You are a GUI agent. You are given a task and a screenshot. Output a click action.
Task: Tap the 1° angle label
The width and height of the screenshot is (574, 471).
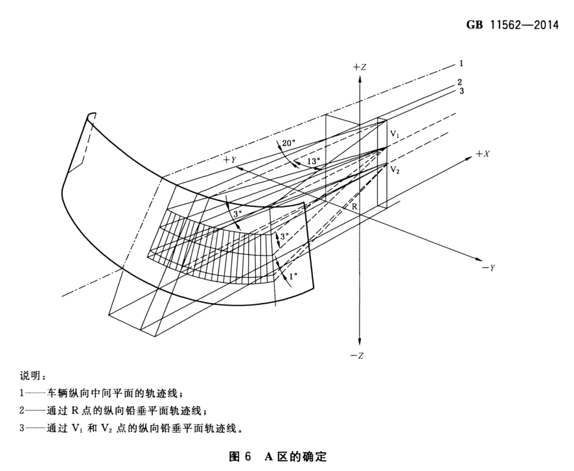pyautogui.click(x=292, y=276)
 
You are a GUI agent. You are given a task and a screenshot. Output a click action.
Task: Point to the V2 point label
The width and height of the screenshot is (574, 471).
pyautogui.click(x=395, y=169)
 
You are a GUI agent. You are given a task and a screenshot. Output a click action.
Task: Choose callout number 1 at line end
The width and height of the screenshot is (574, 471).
pyautogui.click(x=461, y=64)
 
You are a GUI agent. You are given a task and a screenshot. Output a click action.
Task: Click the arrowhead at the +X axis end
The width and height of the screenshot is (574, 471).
pyautogui.click(x=471, y=158)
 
